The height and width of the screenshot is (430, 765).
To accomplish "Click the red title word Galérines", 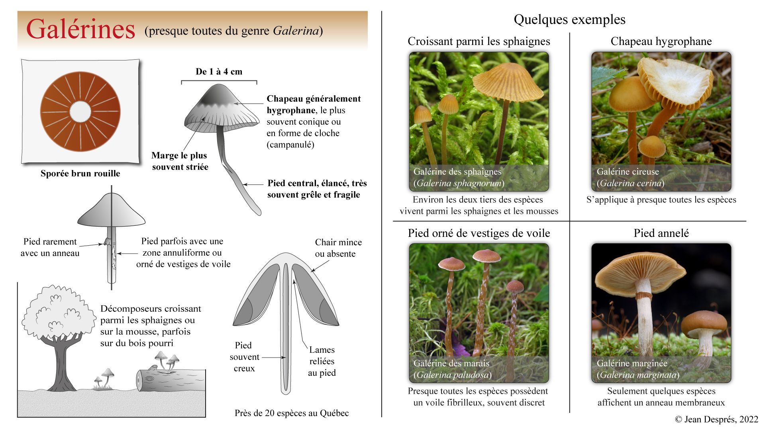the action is (x=80, y=29).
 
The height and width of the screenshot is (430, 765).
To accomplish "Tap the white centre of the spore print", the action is (x=80, y=112).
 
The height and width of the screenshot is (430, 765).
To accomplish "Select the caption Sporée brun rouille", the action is (x=80, y=174).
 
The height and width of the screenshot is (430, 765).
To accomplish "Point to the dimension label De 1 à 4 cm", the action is (x=219, y=72).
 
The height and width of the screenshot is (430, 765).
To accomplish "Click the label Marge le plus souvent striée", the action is (x=180, y=161).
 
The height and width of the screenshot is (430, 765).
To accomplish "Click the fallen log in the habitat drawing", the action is (x=171, y=380).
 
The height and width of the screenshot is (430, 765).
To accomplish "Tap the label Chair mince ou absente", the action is (x=338, y=248).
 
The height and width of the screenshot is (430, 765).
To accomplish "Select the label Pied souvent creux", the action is (x=244, y=357).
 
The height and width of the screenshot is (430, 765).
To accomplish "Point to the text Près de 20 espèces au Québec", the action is (x=291, y=413).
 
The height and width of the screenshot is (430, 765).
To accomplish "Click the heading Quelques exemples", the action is (x=569, y=20).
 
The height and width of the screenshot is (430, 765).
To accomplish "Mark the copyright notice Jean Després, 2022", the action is (x=716, y=419).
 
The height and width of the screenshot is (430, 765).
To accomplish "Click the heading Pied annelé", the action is (x=661, y=233).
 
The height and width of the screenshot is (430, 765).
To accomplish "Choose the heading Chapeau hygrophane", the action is (x=661, y=41).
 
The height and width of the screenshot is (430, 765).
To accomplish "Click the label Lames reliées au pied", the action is (x=322, y=361).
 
